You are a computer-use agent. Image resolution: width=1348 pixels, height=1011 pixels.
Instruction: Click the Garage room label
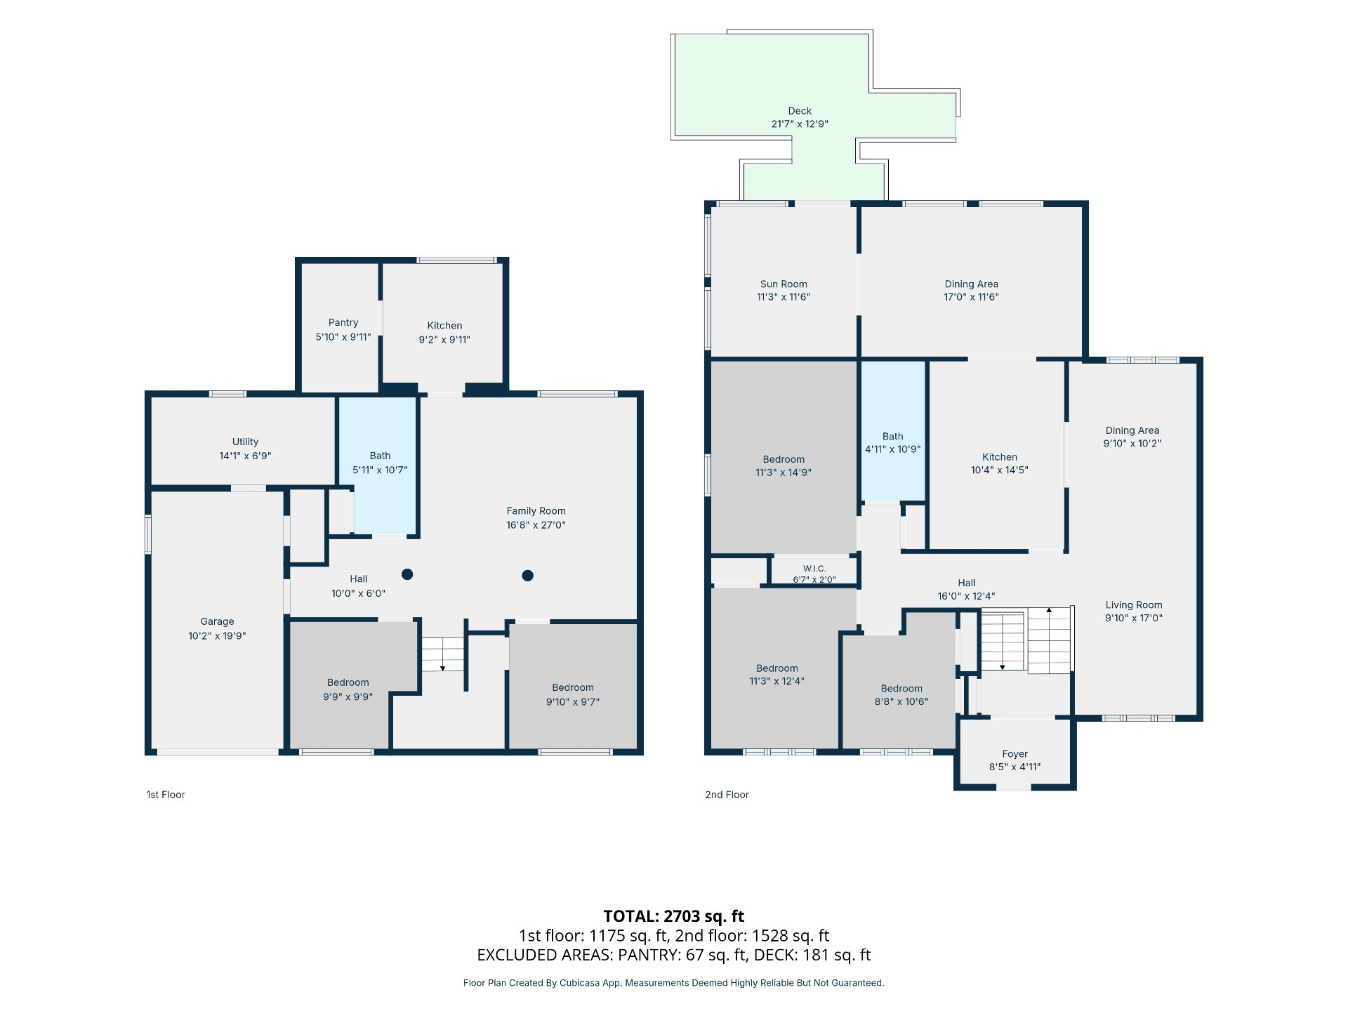(217, 621)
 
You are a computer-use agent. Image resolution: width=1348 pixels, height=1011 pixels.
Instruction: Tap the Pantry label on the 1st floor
(343, 322)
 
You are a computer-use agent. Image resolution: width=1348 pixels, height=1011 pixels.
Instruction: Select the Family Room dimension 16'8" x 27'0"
(536, 524)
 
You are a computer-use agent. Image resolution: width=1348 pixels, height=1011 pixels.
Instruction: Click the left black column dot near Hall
(407, 574)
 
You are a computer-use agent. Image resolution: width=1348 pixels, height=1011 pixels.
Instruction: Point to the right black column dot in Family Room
(528, 576)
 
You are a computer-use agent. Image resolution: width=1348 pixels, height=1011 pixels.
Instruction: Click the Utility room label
(245, 442)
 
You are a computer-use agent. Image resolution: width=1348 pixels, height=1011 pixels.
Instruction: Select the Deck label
(800, 111)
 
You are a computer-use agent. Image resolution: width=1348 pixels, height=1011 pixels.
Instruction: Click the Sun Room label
(784, 284)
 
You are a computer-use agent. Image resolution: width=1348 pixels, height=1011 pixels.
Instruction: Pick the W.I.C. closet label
(814, 569)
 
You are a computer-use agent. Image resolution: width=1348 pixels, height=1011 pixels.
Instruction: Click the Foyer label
(1015, 753)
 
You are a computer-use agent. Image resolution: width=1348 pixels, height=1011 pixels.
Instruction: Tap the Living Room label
(1134, 604)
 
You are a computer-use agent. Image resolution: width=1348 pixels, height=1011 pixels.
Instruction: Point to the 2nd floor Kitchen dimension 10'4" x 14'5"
(999, 470)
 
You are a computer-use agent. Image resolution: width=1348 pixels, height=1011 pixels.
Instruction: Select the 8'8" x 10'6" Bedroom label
(901, 695)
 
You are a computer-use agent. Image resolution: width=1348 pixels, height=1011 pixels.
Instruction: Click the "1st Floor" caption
(166, 795)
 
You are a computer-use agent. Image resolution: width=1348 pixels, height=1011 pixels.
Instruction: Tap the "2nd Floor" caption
(727, 795)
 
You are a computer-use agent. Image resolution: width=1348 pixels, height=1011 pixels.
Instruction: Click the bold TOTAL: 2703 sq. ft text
(674, 916)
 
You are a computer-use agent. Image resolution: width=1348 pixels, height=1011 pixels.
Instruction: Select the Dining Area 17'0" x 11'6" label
(971, 290)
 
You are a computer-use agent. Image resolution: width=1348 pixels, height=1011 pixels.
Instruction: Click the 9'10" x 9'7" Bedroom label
(573, 694)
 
